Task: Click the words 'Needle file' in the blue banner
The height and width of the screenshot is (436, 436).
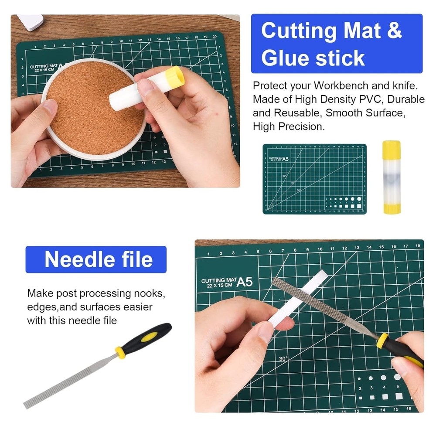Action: click(99, 259)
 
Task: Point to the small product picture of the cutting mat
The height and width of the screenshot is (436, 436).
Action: click(314, 179)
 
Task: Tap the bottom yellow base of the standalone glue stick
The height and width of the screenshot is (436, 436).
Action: click(391, 208)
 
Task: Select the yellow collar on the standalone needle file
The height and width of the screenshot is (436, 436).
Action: click(120, 352)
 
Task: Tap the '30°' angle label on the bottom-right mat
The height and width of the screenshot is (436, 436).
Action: click(283, 359)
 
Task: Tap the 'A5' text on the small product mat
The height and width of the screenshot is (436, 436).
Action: click(285, 159)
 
